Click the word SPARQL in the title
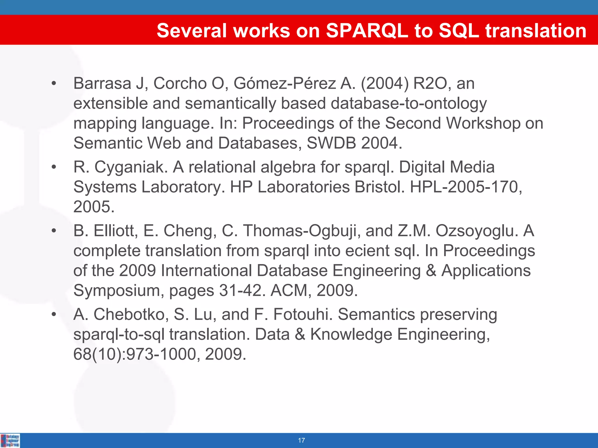(367, 30)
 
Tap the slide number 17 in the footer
(301, 440)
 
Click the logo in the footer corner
(10, 440)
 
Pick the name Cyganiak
(131, 167)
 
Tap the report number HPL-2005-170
(464, 187)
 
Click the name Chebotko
(131, 314)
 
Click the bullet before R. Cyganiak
(53, 167)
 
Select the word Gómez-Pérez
(285, 83)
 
